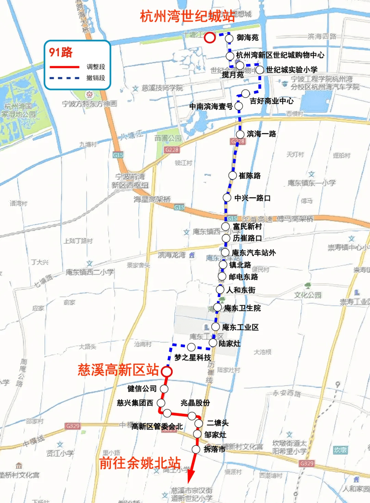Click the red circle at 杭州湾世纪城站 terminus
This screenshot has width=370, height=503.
click(210, 37)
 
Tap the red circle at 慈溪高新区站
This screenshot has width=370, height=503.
click(167, 371)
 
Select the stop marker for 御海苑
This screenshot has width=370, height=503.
click(229, 38)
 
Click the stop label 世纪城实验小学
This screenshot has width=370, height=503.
click(292, 70)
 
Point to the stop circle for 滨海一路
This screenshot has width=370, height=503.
click(240, 134)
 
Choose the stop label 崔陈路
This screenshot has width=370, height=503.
click(250, 176)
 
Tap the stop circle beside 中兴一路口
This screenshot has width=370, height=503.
click(227, 198)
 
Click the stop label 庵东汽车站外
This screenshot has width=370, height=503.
click(254, 253)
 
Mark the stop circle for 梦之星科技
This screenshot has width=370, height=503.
click(191, 347)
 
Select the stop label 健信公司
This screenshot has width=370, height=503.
click(142, 389)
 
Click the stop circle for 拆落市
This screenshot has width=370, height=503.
click(196, 449)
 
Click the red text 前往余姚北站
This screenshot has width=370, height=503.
click(140, 463)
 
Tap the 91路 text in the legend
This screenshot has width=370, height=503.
click(61, 52)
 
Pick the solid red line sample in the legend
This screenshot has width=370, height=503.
click(64, 67)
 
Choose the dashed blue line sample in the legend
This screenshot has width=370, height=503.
click(64, 78)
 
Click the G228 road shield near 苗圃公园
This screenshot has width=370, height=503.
click(172, 150)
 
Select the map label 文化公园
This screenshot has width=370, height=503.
click(308, 295)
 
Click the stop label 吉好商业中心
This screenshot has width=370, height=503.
click(271, 101)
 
